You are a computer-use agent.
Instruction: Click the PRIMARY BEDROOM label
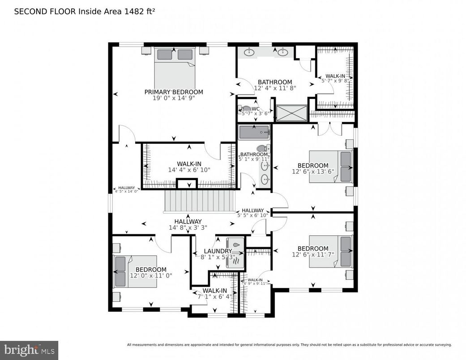click(x=174, y=92)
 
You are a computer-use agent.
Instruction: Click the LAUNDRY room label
click(x=218, y=251)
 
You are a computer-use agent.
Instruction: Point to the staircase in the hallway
click(x=200, y=201)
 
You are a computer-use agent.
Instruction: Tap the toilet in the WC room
click(x=245, y=109)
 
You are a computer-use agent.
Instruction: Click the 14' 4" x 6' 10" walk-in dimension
click(x=189, y=170)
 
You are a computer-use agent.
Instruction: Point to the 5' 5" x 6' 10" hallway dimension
click(x=253, y=215)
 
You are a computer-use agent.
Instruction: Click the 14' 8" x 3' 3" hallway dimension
click(x=188, y=227)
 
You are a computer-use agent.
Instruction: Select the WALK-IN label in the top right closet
click(x=335, y=76)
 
